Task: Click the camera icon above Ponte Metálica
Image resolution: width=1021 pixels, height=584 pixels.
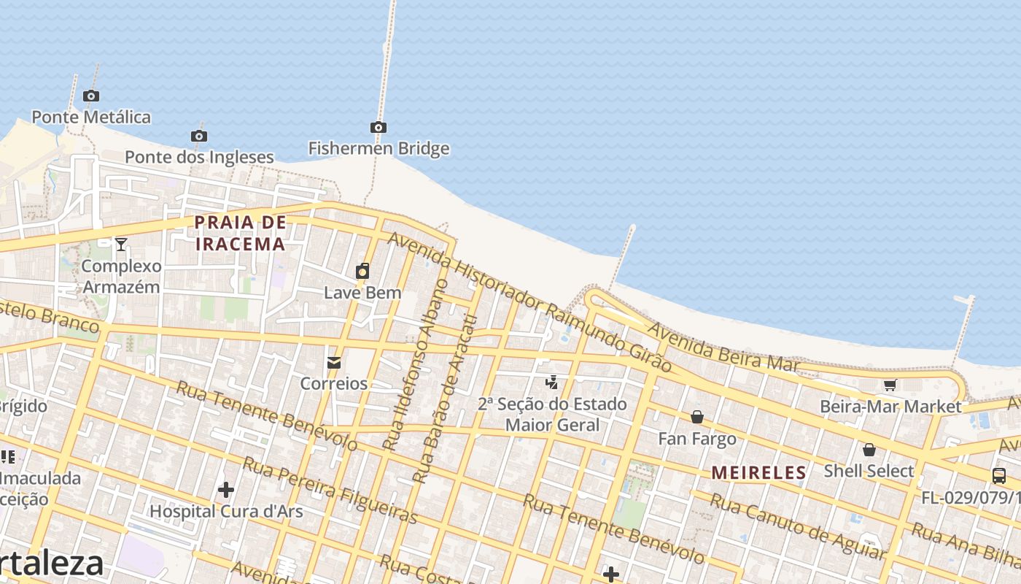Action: click(x=91, y=96)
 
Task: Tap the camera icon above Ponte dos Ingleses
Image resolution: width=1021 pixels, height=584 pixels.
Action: click(x=199, y=136)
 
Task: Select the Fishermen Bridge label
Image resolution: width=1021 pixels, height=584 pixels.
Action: click(x=378, y=149)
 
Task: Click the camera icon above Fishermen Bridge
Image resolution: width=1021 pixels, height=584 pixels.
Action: click(x=378, y=128)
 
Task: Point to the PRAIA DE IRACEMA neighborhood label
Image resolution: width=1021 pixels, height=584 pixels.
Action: click(x=241, y=233)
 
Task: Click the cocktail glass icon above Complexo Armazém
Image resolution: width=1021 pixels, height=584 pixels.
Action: click(x=121, y=245)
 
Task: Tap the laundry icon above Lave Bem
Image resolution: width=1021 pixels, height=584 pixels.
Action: click(x=362, y=272)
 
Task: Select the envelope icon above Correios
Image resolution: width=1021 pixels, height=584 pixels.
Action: click(x=334, y=362)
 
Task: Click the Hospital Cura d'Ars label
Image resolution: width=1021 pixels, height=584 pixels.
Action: click(x=226, y=511)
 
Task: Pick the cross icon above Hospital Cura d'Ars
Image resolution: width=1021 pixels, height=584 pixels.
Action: click(x=226, y=489)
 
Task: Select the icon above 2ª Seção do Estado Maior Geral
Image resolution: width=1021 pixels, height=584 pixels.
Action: click(x=552, y=382)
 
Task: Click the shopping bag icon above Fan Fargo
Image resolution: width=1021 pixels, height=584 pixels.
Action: click(x=697, y=417)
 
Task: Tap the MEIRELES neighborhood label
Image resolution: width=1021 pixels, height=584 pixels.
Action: click(x=759, y=473)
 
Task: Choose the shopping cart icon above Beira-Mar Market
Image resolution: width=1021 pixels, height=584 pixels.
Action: click(x=890, y=385)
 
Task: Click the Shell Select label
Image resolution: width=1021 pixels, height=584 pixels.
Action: click(x=869, y=472)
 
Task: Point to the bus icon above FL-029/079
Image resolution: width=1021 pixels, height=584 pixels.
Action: click(x=999, y=476)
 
